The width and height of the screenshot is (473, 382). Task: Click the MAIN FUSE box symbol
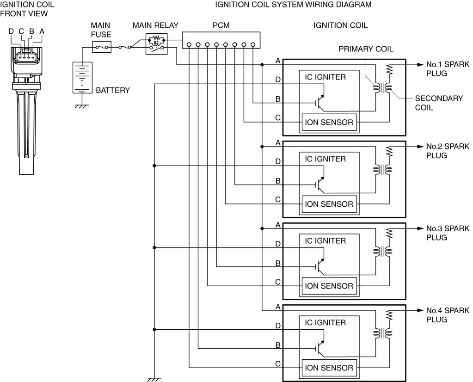click(102, 47)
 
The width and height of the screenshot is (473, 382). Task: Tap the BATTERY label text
click(113, 90)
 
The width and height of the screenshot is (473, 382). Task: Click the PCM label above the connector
click(221, 26)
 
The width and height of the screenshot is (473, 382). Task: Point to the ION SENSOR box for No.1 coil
click(329, 122)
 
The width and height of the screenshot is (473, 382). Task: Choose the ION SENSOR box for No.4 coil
click(329, 368)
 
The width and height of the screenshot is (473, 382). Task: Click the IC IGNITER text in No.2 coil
click(325, 159)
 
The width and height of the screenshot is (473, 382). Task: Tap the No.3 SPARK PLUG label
click(447, 233)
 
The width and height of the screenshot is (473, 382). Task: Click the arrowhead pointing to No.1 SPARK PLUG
click(420, 64)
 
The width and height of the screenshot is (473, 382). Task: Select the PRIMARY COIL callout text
click(366, 49)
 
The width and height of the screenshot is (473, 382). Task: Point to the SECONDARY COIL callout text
click(439, 103)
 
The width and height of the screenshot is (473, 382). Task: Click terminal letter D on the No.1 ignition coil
click(278, 80)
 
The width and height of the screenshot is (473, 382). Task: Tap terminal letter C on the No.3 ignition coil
click(278, 282)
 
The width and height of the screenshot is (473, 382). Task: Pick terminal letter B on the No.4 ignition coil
click(278, 345)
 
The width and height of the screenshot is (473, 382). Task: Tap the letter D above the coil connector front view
click(12, 31)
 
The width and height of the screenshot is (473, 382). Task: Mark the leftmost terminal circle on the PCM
click(189, 45)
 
